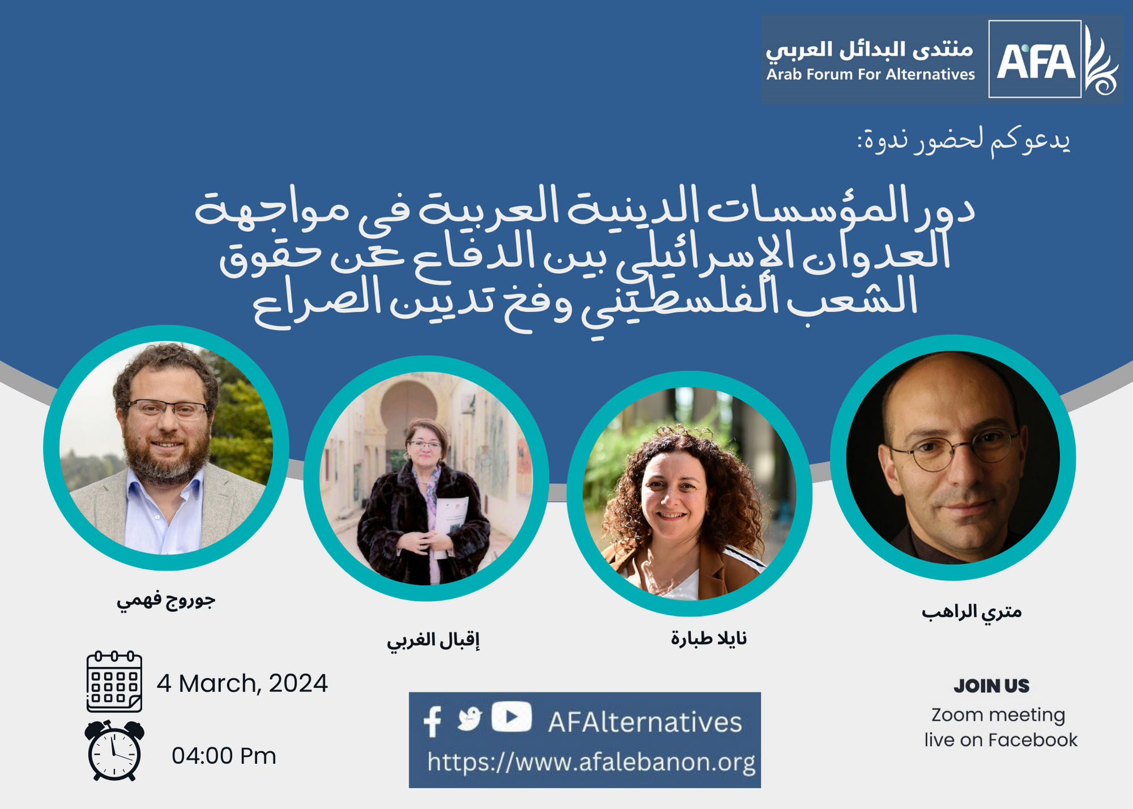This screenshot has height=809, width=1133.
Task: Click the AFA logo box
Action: [x=1035, y=59]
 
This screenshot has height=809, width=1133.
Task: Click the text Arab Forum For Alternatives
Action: [x=871, y=74]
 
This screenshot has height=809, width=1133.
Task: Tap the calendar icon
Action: [x=114, y=682]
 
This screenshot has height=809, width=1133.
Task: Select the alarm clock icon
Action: [x=114, y=751]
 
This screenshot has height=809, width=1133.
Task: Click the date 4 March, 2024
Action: [x=242, y=684]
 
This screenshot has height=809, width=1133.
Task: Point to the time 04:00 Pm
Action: [x=224, y=756]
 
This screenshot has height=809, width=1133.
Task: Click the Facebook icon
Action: [x=433, y=721]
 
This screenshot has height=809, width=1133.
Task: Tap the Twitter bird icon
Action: [x=470, y=719]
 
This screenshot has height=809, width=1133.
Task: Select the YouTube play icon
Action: [x=512, y=717]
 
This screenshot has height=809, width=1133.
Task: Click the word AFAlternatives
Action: [x=645, y=722]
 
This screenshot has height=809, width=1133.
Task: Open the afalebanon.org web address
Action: [x=591, y=763]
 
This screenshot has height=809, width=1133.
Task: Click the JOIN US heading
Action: [x=991, y=686]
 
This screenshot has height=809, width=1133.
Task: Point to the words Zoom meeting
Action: [x=998, y=715]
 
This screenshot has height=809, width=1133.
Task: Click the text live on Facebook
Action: [x=1001, y=740]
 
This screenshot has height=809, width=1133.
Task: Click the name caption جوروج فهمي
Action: [x=166, y=600]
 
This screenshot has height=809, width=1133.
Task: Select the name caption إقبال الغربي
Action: [x=433, y=641]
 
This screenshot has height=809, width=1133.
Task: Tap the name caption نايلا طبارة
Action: [x=709, y=638]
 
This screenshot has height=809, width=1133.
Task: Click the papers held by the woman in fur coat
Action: [x=451, y=524]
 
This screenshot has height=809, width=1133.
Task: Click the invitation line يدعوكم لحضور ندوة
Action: [x=964, y=140]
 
